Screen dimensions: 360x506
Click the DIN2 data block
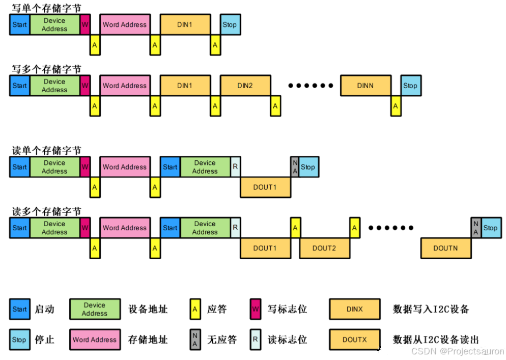(x=245, y=86)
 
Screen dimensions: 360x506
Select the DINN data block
(x=366, y=86)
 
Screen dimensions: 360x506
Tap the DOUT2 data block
(x=324, y=248)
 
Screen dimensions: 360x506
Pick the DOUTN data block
(x=445, y=248)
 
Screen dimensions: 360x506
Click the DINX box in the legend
(x=355, y=309)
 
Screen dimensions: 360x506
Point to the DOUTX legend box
(x=355, y=340)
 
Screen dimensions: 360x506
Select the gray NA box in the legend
(x=195, y=340)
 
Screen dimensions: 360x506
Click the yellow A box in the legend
(x=195, y=309)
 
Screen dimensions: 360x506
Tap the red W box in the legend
(x=256, y=309)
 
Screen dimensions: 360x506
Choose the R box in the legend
(x=256, y=340)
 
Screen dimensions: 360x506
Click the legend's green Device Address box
(x=95, y=309)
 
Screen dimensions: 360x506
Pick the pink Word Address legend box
(x=95, y=340)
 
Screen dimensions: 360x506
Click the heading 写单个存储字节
(x=46, y=8)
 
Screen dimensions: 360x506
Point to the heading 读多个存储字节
(x=46, y=211)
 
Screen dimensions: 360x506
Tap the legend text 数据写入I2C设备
(x=431, y=309)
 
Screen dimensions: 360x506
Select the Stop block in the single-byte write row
(x=230, y=24)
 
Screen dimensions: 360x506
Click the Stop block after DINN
(x=410, y=86)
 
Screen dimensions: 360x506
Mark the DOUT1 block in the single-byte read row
(x=265, y=187)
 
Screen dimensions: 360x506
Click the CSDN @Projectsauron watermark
(x=457, y=351)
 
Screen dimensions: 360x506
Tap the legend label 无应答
(x=222, y=340)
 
